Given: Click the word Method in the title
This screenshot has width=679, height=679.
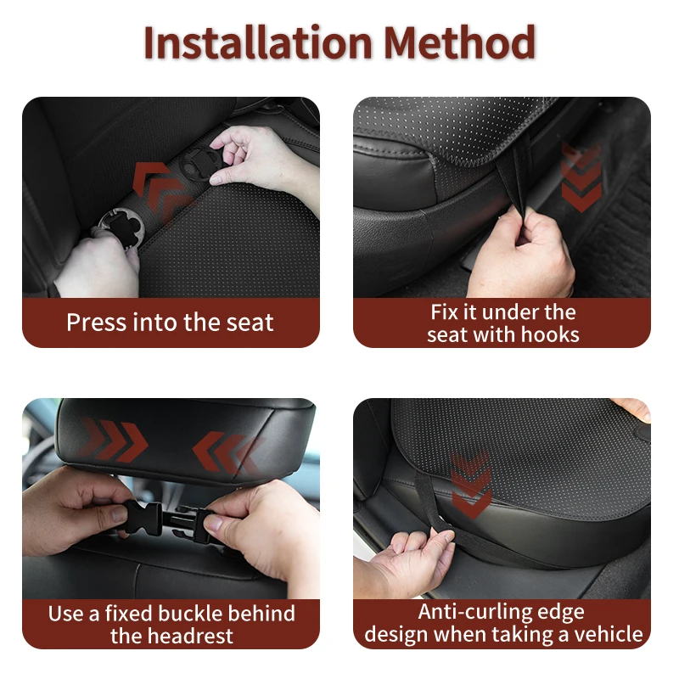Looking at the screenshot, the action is (x=459, y=42).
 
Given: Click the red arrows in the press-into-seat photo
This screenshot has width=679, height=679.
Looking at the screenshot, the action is (x=161, y=190).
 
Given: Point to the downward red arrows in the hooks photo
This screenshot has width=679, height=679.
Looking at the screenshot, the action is (x=581, y=177).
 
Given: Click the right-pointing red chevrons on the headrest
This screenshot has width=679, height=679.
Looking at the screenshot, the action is (x=115, y=441).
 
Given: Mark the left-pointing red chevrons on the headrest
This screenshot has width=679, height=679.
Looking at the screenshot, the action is (x=227, y=452).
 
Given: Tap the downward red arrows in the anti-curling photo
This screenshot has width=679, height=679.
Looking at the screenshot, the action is (x=471, y=484).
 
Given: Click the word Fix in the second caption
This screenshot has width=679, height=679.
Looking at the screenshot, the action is (x=443, y=312).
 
